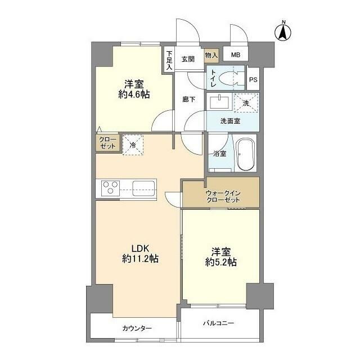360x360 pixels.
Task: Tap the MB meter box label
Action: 235,55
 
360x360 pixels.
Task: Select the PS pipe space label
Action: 253,79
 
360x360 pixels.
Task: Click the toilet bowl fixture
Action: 230,78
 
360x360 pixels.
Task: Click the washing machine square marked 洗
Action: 246,102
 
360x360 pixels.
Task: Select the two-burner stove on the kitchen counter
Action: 110,187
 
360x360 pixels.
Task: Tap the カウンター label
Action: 137,328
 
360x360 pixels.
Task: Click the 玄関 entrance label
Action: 188,58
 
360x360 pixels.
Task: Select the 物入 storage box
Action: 211,55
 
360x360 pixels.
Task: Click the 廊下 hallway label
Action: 189,99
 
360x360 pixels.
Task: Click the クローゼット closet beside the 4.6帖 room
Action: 107,142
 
